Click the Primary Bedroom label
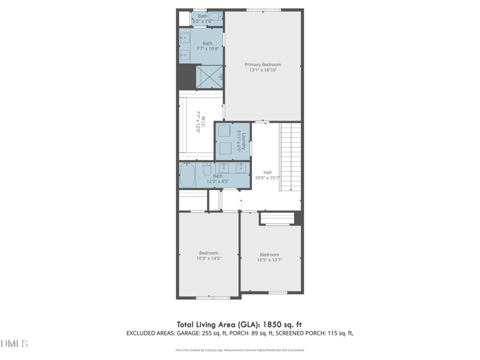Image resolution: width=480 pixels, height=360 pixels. point(262,64)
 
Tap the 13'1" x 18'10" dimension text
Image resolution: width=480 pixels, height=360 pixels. point(262,70)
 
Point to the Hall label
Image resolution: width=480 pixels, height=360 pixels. point(267,172)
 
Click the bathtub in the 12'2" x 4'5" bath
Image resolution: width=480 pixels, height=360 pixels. point(187,175)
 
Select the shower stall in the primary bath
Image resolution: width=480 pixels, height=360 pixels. point(209,76)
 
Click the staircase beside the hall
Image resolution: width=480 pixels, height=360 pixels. point(290,156)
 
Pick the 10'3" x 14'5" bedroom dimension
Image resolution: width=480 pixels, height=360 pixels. point(209,259)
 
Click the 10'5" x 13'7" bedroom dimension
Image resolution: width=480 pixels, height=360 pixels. point(269,260)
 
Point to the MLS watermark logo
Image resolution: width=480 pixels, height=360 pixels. point(14,344)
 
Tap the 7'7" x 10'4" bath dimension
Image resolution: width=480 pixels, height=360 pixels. point(207,49)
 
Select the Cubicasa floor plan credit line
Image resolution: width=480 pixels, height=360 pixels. point(239,349)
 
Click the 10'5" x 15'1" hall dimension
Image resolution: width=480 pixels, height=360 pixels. point(267,178)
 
